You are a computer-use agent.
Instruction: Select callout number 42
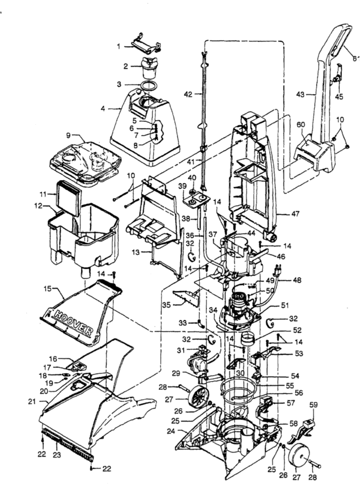point(188,94)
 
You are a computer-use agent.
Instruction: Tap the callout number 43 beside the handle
point(302,95)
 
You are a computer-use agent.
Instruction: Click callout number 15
point(47,290)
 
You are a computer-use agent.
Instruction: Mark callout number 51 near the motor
point(285,305)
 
